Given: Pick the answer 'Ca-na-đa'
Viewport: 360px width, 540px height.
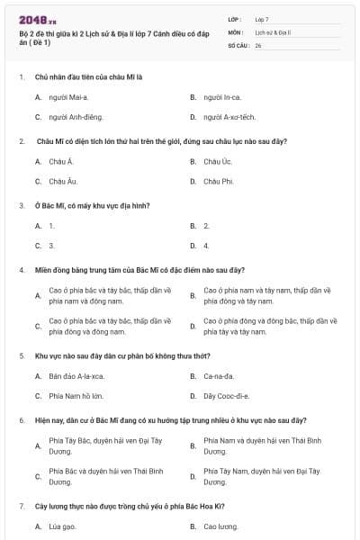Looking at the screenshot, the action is tap(219, 375).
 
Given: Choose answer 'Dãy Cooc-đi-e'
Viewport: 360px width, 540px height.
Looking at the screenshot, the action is tap(226, 396).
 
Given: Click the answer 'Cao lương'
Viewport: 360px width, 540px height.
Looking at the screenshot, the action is tap(220, 526).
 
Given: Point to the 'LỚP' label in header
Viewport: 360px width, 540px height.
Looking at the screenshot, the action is tap(236, 19).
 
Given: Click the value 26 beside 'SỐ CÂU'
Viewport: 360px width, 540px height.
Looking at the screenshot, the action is tap(258, 45).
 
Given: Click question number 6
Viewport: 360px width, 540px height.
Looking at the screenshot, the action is tap(22, 420).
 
